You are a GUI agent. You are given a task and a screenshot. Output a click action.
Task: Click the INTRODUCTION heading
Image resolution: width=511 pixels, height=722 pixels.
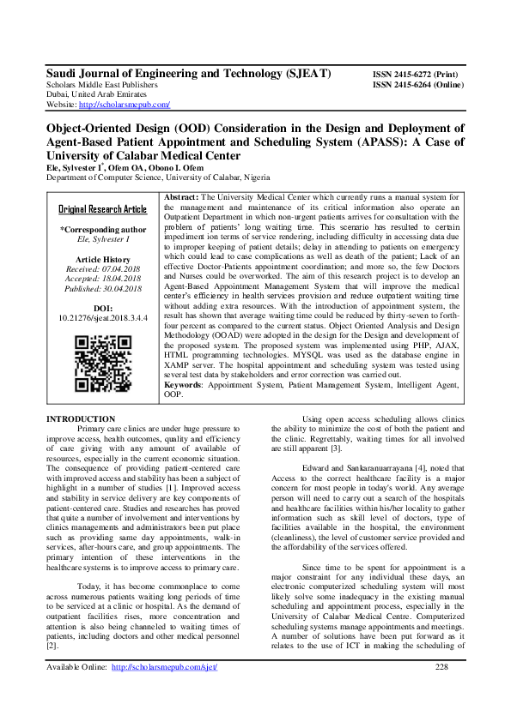pyautogui.click(x=74, y=418)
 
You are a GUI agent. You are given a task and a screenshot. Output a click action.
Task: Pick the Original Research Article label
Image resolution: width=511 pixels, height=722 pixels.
pyautogui.click(x=102, y=209)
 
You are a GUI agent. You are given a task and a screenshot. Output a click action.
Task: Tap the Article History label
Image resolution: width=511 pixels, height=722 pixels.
pyautogui.click(x=102, y=258)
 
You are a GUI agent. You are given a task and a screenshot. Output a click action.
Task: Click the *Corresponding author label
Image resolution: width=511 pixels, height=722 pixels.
pyautogui.click(x=102, y=230)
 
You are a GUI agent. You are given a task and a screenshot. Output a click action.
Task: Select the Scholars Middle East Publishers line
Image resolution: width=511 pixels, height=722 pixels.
pyautogui.click(x=101, y=86)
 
